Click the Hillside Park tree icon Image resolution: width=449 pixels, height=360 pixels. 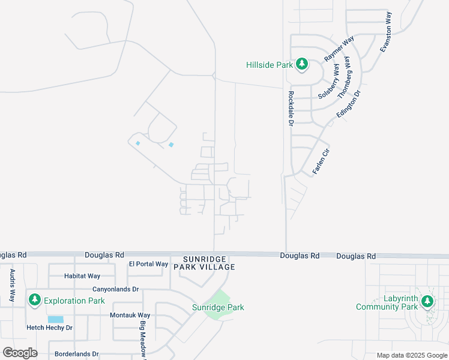click(301, 64)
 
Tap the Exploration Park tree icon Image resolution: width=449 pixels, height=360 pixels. click(35, 299)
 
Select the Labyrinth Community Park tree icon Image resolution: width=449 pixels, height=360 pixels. click(427, 301)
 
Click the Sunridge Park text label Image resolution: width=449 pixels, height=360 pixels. click(218, 307)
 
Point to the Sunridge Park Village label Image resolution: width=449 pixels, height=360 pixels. click(203, 262)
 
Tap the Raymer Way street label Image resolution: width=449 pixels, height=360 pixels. click(339, 49)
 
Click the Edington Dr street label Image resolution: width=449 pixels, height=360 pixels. click(351, 104)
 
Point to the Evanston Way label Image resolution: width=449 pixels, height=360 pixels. click(388, 32)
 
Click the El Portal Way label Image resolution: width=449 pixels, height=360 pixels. click(148, 264)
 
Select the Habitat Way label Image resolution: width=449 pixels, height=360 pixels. click(82, 276)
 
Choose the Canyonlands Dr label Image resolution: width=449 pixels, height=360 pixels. click(115, 289)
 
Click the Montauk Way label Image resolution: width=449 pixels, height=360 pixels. click(130, 315)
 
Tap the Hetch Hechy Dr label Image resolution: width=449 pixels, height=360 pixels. click(49, 328)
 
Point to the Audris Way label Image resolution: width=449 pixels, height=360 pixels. click(12, 286)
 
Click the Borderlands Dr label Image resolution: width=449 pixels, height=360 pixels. click(76, 354)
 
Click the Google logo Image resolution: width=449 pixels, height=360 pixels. click(20, 352)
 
